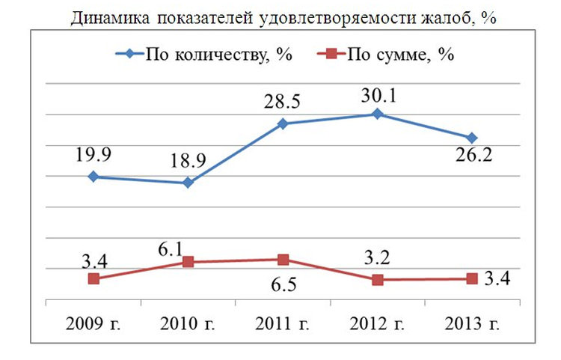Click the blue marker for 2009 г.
coord(93,177)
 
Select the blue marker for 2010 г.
coord(188,183)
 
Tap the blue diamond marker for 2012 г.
coord(377,114)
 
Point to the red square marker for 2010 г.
coord(188,262)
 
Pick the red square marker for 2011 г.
coord(283,260)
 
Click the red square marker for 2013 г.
coord(471,278)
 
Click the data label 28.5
coord(282,103)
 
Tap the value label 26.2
coord(471,159)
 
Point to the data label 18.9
coord(188,162)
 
